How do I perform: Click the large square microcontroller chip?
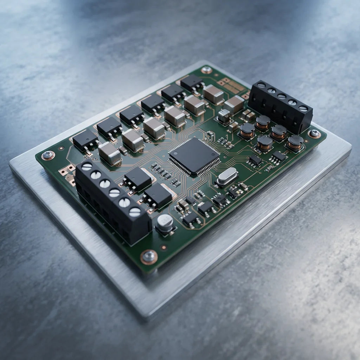[194, 156]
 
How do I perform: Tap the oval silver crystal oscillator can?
[226, 175]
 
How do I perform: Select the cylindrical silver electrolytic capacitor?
[165, 224]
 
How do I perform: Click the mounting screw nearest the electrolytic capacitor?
[149, 256]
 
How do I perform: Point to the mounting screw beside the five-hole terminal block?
[314, 133]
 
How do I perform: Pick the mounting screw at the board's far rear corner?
[206, 70]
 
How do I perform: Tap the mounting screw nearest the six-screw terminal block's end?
[48, 155]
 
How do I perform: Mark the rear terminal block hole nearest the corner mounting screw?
[303, 109]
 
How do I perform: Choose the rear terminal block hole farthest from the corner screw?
[261, 85]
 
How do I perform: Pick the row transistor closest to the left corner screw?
[85, 139]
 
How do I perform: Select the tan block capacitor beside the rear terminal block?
[234, 104]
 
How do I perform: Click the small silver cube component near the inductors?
[224, 116]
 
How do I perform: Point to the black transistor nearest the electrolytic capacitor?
[157, 195]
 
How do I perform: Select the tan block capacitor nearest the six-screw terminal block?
[109, 153]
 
